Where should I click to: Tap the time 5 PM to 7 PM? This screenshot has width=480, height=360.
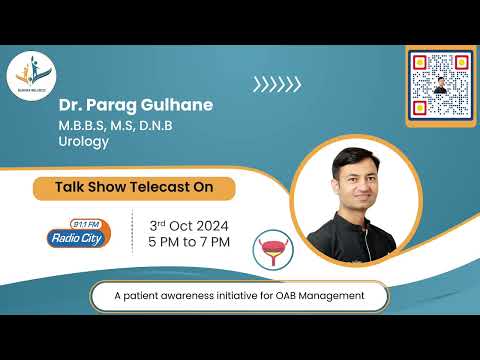189,241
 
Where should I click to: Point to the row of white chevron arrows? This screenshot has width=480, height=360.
276,86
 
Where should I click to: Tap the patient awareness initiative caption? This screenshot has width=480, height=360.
239,297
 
